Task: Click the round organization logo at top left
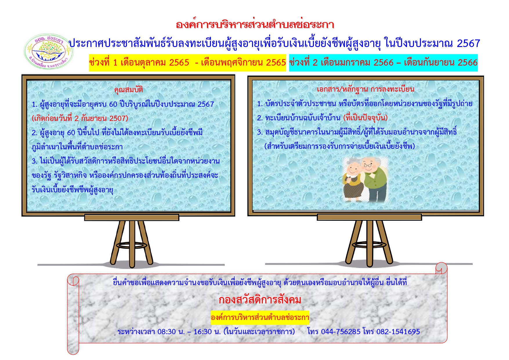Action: pyautogui.click(x=48, y=51)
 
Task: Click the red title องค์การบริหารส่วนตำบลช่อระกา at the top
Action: pyautogui.click(x=255, y=25)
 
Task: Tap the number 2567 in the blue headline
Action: pyautogui.click(x=468, y=44)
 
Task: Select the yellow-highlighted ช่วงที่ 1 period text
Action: pyautogui.click(x=187, y=63)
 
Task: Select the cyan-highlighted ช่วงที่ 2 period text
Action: pyautogui.click(x=383, y=63)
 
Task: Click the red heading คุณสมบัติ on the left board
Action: pyautogui.click(x=128, y=89)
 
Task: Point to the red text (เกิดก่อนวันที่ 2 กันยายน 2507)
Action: pyautogui.click(x=80, y=118)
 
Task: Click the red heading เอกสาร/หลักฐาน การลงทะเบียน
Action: pyautogui.click(x=365, y=89)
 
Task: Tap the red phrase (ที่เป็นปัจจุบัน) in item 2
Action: pyautogui.click(x=365, y=117)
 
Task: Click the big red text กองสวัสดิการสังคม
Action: pyautogui.click(x=260, y=300)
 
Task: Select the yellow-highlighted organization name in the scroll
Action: pyautogui.click(x=260, y=317)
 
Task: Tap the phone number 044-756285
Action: pyautogui.click(x=341, y=332)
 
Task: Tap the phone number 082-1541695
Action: pyautogui.click(x=398, y=332)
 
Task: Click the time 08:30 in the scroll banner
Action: pyautogui.click(x=166, y=332)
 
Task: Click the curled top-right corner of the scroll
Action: pyautogui.click(x=441, y=268)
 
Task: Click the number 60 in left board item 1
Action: pyautogui.click(x=113, y=104)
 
